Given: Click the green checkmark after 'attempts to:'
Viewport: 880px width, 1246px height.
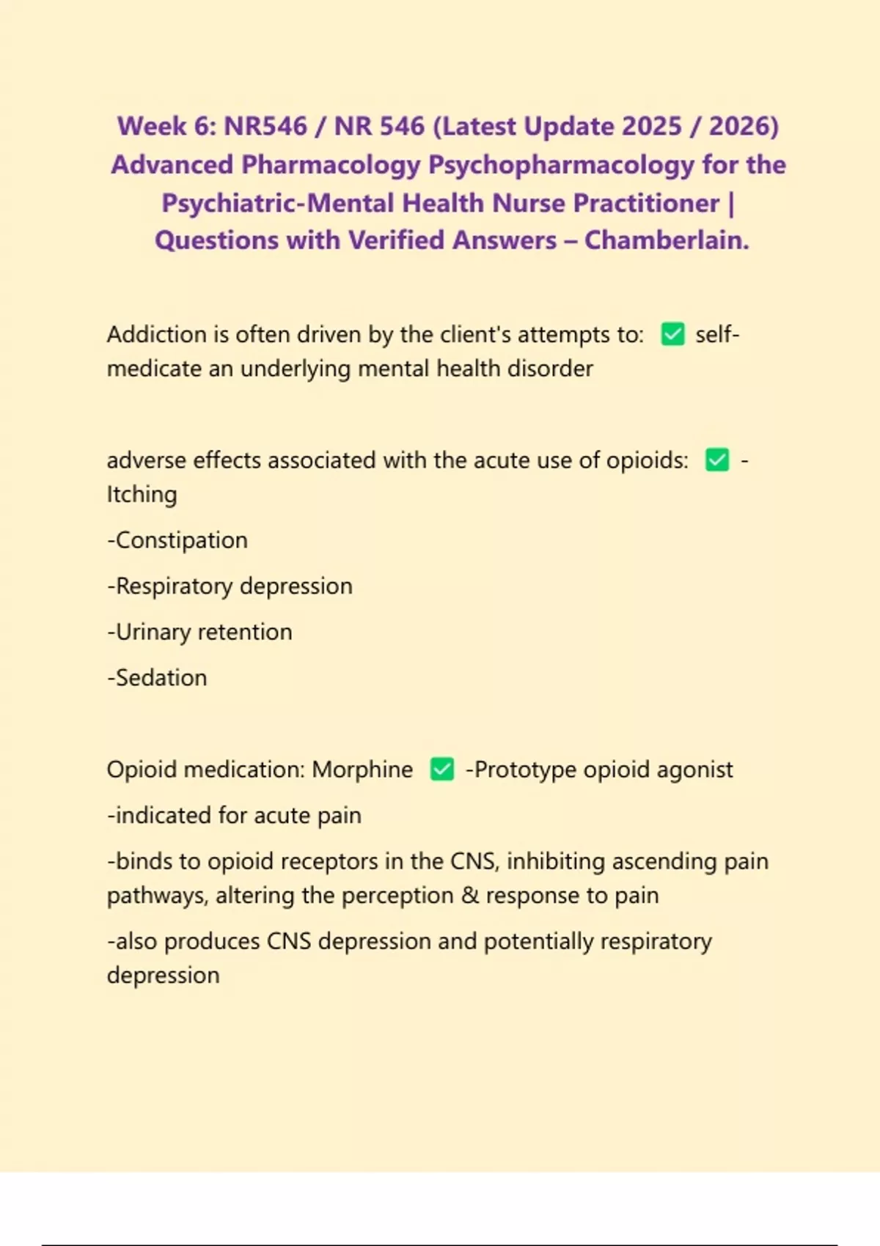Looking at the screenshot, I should pos(672,334).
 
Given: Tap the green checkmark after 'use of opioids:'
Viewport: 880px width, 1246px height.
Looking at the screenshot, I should pos(717,460).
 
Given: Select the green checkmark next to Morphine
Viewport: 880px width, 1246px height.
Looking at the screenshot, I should pos(442,770).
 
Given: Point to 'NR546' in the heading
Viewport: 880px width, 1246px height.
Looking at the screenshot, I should pos(265,126).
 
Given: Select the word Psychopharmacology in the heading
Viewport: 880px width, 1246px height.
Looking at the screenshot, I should pos(560,165).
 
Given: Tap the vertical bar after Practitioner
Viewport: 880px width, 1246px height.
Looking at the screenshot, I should pos(730,203).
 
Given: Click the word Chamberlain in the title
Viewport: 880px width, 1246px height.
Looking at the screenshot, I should pos(667,240).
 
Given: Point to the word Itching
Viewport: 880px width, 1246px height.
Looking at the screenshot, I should pos(142,495).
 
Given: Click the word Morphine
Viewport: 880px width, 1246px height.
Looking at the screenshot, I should pos(362,770).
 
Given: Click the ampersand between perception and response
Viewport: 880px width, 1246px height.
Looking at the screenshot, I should pos(469,896).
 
